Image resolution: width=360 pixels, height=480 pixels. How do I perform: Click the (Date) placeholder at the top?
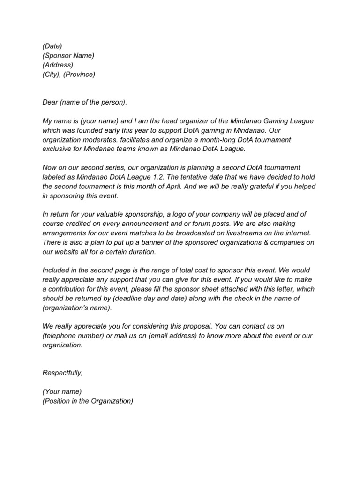(x=52, y=45)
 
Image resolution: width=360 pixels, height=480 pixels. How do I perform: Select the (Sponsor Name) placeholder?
(x=68, y=55)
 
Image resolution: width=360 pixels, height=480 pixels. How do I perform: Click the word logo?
(x=171, y=214)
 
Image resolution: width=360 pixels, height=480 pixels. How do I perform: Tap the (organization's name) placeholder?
(x=77, y=307)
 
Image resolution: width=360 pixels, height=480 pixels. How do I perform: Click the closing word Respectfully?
(x=62, y=373)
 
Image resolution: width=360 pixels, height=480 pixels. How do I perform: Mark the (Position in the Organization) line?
(x=88, y=401)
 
